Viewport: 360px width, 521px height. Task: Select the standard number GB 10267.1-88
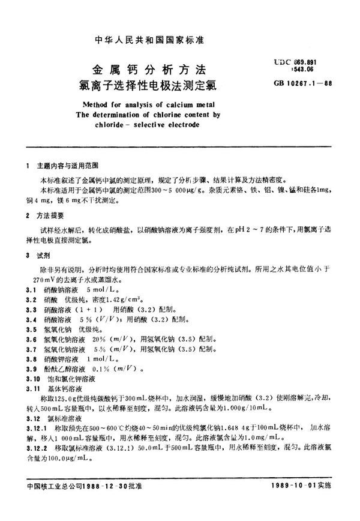tap(315, 83)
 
